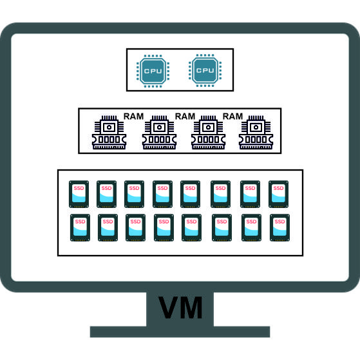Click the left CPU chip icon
tap(153, 71)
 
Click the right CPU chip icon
tap(205, 70)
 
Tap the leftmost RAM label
tap(133, 117)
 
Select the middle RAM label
tap(185, 117)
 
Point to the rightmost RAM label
tap(232, 117)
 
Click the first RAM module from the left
tap(109, 132)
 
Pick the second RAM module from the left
tap(159, 132)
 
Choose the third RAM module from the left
tap(208, 132)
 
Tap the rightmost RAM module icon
tap(256, 132)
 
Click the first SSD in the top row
tap(79, 194)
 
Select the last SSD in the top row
tap(278, 194)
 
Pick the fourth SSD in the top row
tap(162, 194)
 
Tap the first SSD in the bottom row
tap(80, 227)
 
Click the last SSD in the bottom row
tap(280, 227)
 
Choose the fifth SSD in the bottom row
tap(191, 227)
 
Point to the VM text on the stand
tap(180, 307)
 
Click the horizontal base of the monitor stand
tap(180, 332)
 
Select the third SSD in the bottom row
tap(135, 227)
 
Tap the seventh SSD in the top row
tap(251, 194)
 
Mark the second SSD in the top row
tap(106, 194)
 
